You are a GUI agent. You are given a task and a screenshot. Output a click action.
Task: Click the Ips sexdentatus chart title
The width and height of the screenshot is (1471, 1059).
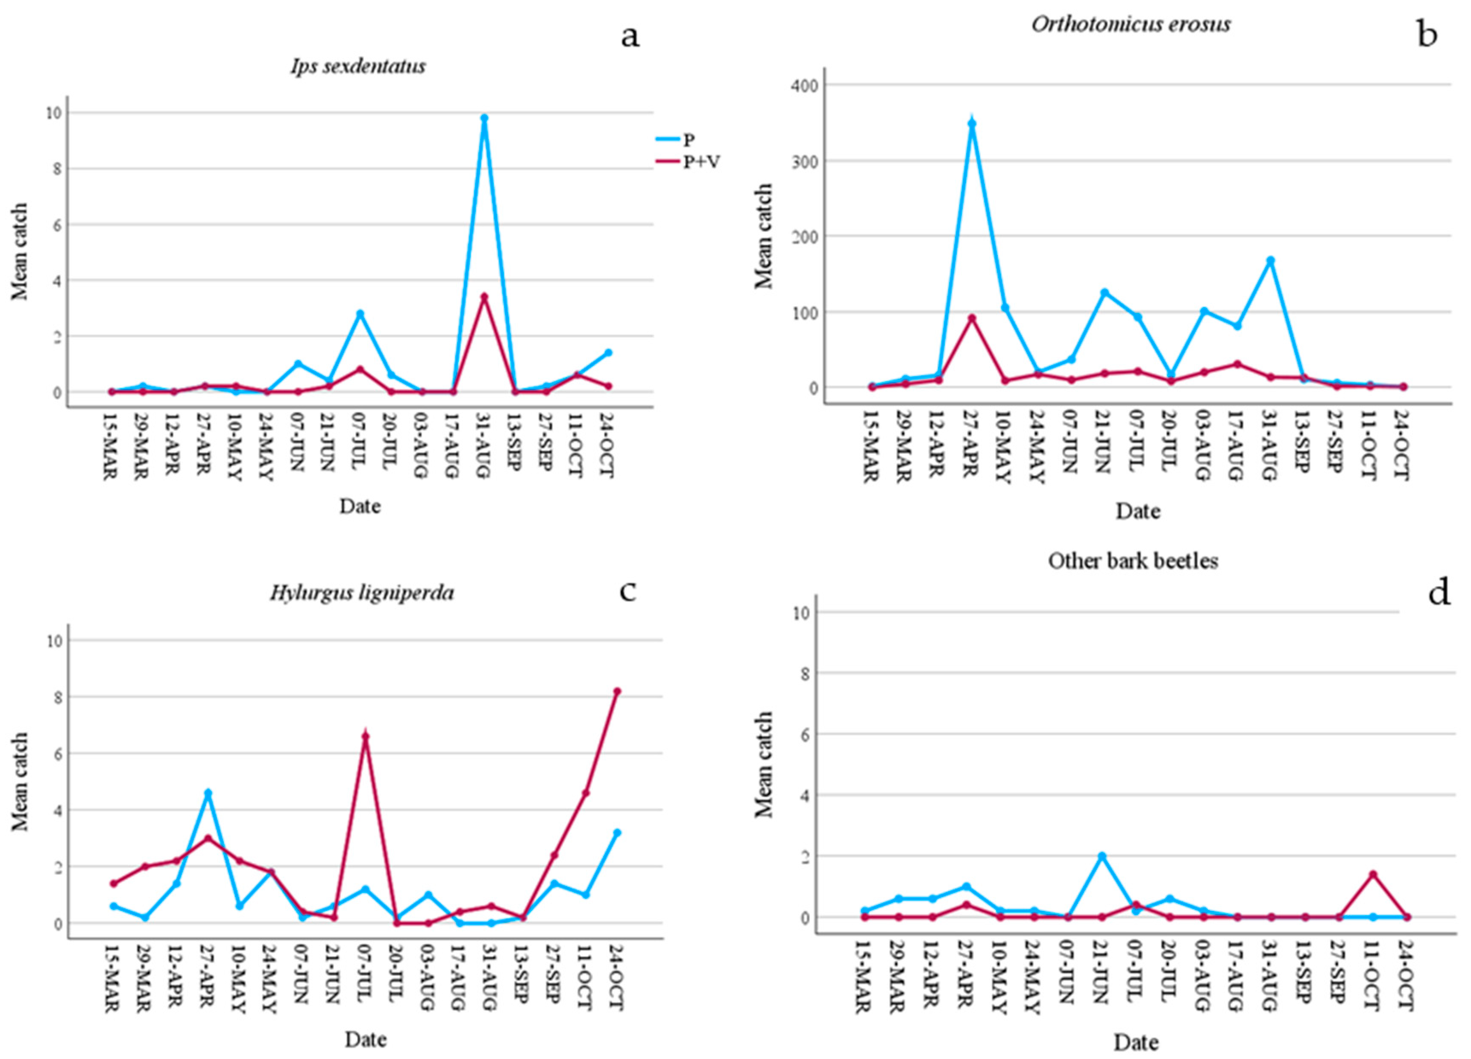358,66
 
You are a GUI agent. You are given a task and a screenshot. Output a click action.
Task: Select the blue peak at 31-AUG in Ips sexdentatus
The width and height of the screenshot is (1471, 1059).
484,118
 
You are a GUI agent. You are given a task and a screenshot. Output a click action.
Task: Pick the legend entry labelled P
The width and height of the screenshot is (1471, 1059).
688,140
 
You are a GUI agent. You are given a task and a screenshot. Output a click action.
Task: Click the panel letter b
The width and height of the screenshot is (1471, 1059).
1427,34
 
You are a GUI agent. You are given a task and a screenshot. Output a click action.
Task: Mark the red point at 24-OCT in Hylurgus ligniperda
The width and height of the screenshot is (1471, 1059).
617,691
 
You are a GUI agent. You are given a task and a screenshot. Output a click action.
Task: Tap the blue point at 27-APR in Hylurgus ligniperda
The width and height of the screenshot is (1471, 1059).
208,793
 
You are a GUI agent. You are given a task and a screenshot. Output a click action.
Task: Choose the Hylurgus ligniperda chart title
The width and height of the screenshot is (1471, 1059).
362,593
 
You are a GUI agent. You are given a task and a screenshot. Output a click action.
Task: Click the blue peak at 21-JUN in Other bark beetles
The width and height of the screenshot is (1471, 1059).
1101,856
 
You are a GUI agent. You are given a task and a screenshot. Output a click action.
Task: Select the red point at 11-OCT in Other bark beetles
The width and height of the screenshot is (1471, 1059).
1372,874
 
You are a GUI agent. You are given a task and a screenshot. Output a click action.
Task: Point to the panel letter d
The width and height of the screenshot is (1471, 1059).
1439,593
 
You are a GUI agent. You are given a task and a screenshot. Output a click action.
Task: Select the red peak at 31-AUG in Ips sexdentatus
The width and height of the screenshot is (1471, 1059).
484,296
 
